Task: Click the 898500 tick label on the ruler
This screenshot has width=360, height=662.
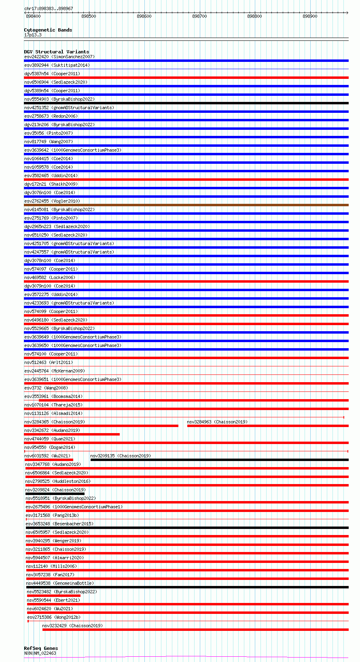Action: tap(89, 16)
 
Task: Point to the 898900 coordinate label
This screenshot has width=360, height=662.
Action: tap(310, 16)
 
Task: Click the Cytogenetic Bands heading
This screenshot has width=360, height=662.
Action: tap(48, 30)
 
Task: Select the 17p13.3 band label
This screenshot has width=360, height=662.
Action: tap(33, 35)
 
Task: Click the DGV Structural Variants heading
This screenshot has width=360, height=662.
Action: tap(56, 52)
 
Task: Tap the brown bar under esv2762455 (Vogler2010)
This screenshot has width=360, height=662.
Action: tap(186, 205)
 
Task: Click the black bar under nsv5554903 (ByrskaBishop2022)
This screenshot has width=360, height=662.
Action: tap(186, 103)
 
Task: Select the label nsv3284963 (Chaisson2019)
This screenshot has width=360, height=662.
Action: tap(217, 422)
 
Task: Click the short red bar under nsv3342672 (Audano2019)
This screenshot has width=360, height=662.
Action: tap(72, 434)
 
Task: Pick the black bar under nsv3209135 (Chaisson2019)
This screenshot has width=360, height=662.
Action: tap(219, 460)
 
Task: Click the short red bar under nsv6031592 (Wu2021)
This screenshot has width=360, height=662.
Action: tap(49, 460)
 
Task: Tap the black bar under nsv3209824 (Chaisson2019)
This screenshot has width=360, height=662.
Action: tap(55, 494)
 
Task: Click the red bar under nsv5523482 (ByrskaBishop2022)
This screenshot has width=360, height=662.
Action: tap(54, 596)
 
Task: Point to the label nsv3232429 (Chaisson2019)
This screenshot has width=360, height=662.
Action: tap(72, 626)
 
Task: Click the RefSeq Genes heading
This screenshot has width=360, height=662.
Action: tap(41, 648)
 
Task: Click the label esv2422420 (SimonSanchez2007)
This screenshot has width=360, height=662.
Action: tap(59, 57)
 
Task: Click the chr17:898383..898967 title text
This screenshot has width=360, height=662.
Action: tap(49, 8)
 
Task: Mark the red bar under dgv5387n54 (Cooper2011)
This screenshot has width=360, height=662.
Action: tap(186, 78)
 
